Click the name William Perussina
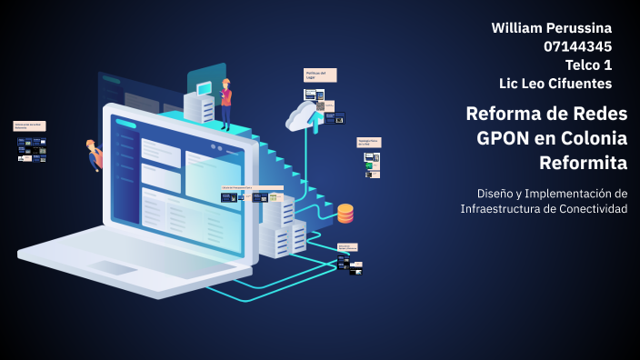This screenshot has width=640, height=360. pos(551,28)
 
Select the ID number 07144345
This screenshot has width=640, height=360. pos(577,46)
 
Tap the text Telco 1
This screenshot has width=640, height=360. pos(588,65)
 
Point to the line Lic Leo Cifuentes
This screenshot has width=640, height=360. pos(555,84)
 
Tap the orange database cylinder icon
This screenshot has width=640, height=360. pos(345,214)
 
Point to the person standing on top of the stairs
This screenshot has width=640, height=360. pos(225,101)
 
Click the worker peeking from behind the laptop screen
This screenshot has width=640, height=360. pos(94,154)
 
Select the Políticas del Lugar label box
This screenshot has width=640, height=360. pos(320,75)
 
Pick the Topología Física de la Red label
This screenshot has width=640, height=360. pos(368,143)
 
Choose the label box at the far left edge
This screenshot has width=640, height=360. pos(29,126)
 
